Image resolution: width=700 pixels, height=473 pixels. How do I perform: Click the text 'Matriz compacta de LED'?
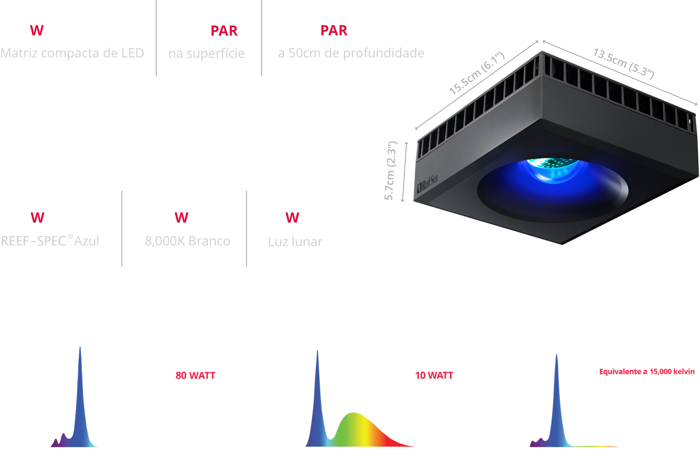(72, 53)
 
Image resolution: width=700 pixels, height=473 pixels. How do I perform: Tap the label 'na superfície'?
(206, 54)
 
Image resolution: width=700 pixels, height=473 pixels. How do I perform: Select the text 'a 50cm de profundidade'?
(351, 53)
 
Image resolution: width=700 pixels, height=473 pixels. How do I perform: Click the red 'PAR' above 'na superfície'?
(224, 31)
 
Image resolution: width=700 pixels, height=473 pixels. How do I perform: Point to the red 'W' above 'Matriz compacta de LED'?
(37, 30)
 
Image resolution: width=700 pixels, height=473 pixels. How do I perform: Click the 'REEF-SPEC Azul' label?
(50, 241)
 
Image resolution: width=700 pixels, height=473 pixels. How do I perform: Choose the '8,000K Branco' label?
(187, 241)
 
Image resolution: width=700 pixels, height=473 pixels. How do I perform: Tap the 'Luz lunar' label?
(295, 241)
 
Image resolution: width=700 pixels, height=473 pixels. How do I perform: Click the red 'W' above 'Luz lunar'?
(292, 218)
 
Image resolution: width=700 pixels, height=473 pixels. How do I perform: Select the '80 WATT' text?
(195, 375)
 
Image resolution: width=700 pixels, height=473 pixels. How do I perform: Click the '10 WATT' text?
(434, 375)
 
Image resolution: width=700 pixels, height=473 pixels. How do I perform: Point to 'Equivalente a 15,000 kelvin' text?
(647, 372)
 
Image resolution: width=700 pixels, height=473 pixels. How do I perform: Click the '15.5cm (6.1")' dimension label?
(477, 73)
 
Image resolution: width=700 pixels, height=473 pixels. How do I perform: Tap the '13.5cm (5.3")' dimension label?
(624, 63)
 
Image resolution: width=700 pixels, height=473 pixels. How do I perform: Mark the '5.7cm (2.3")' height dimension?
(391, 171)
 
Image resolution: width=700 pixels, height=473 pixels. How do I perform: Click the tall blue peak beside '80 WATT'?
(80, 396)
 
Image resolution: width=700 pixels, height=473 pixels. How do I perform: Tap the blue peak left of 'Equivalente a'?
(557, 400)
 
